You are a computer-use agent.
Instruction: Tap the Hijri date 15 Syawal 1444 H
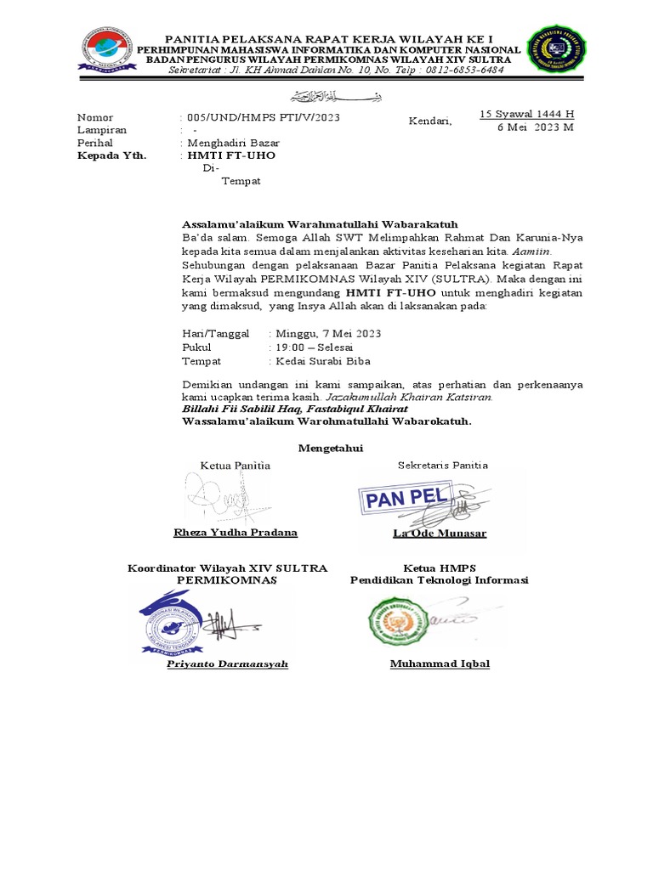[527, 114]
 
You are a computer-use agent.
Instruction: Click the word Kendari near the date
[431, 121]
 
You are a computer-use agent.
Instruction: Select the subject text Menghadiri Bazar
[230, 144]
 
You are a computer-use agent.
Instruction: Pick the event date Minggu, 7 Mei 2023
[327, 334]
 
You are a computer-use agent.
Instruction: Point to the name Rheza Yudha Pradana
[236, 533]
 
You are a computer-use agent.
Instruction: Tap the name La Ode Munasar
[440, 534]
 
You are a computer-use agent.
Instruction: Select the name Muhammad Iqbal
[440, 664]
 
